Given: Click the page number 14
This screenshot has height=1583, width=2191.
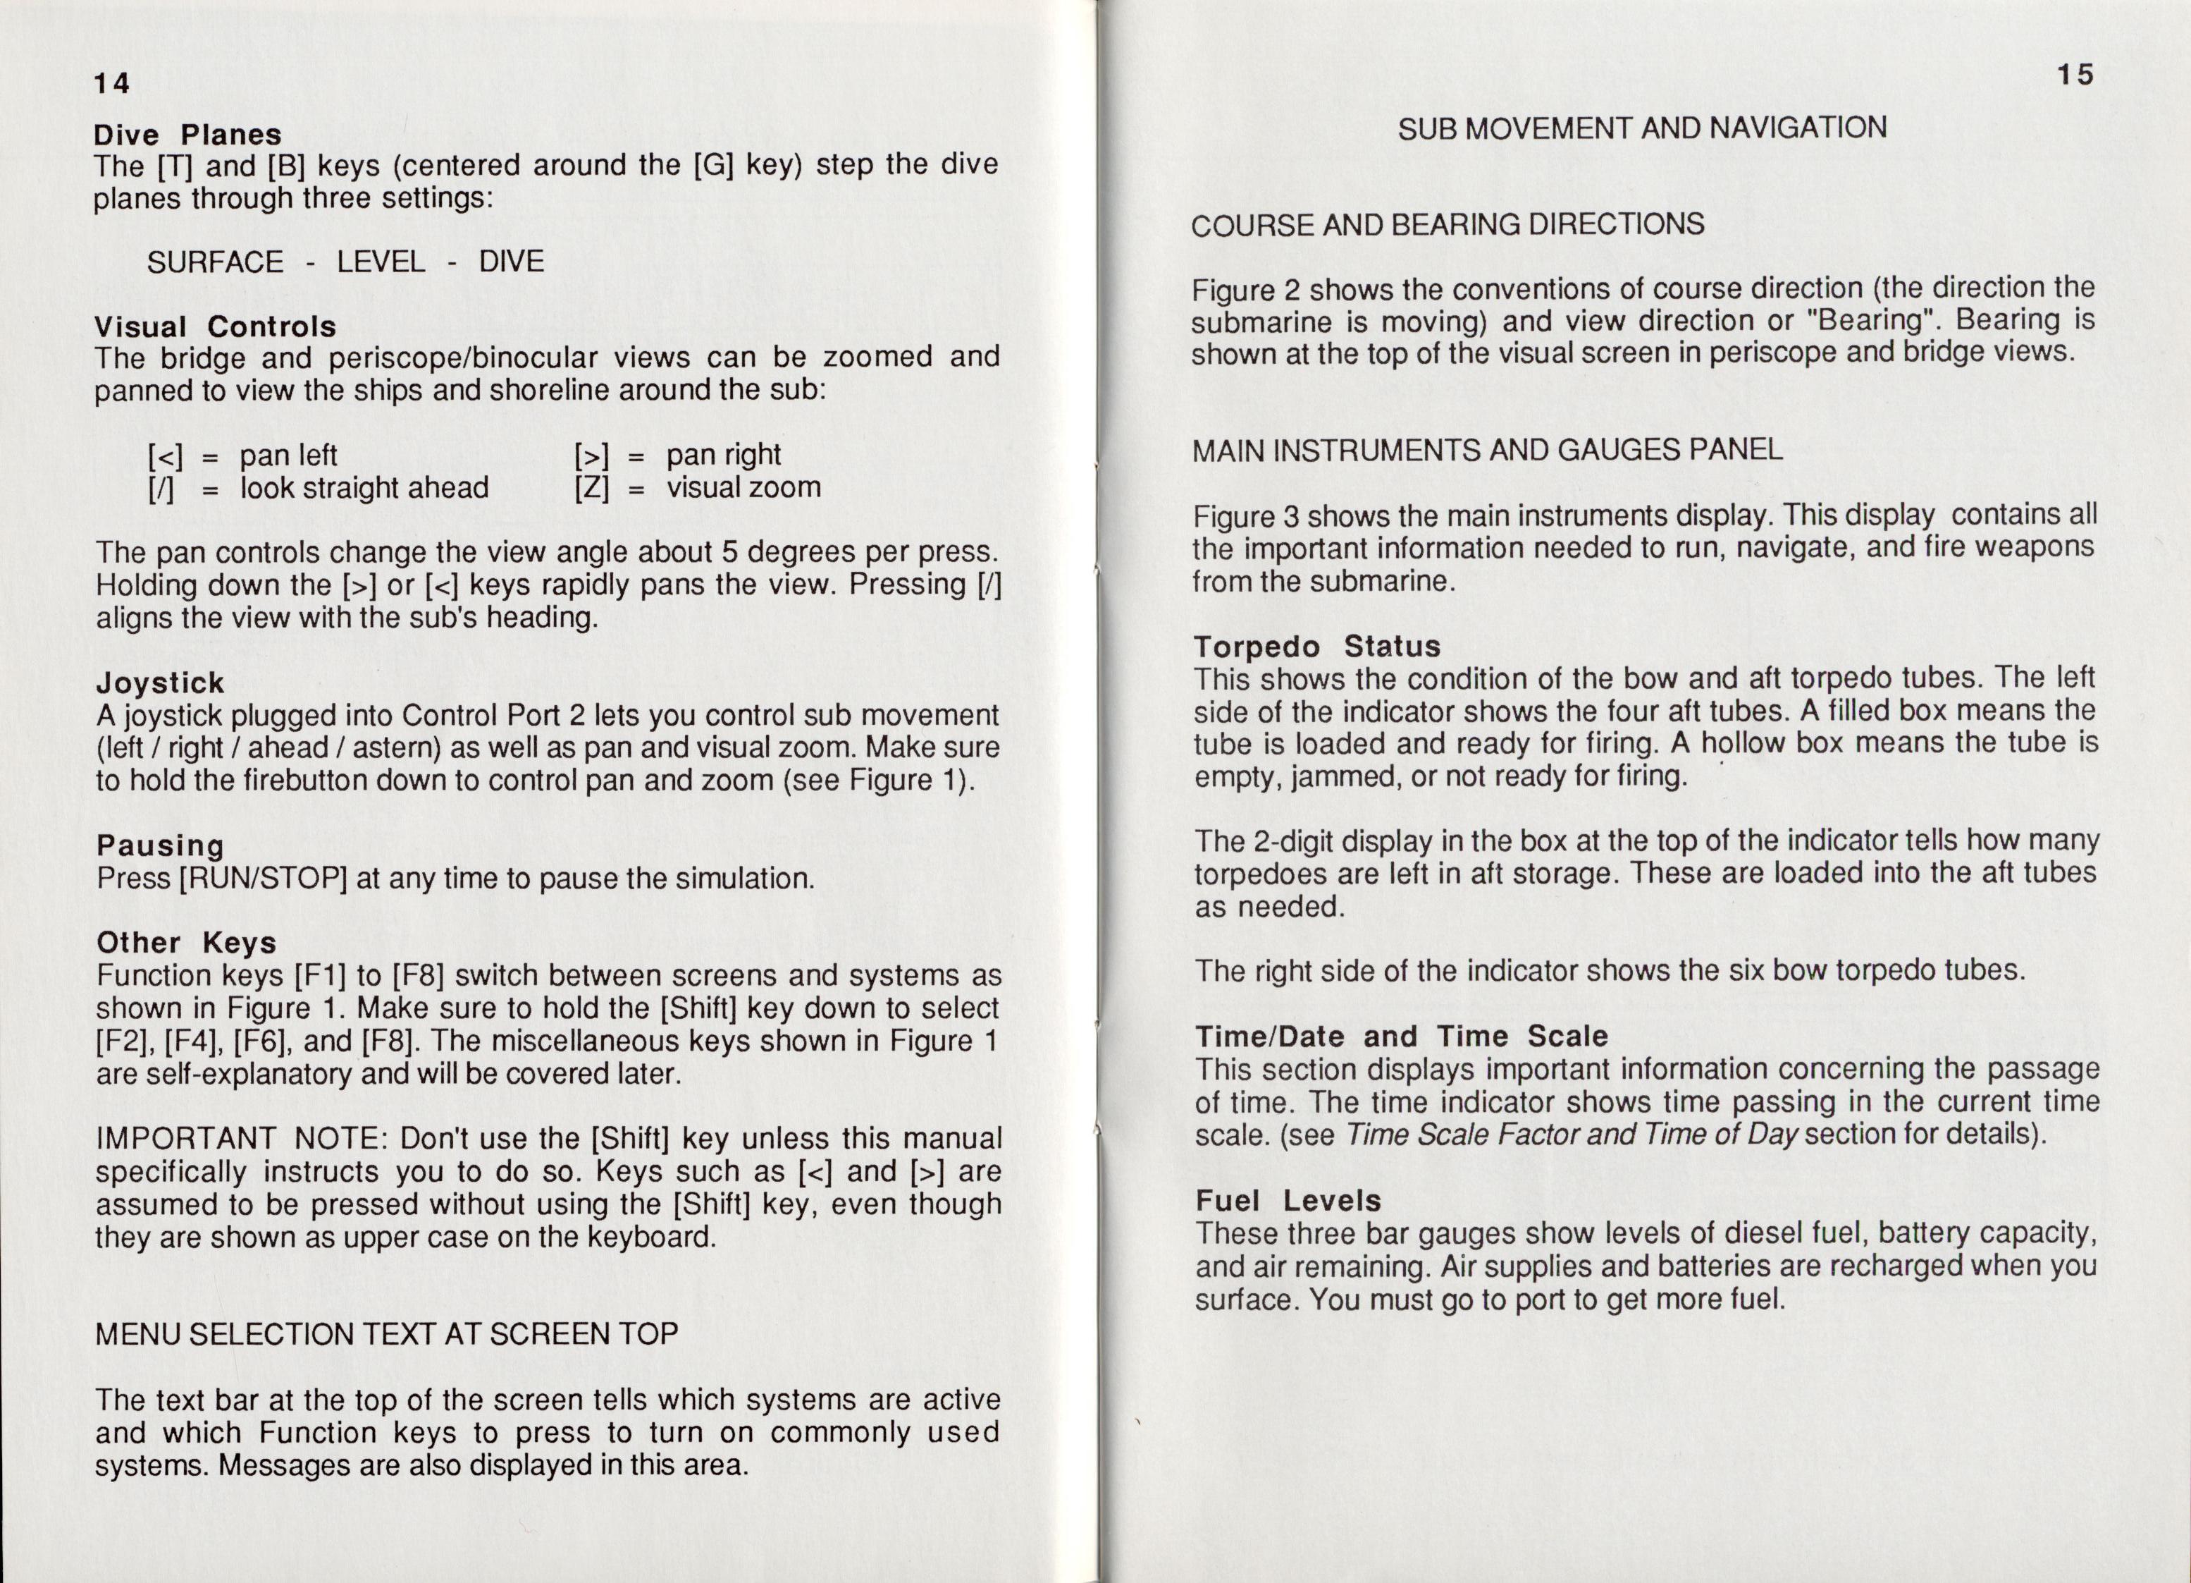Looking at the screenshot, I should pyautogui.click(x=111, y=84).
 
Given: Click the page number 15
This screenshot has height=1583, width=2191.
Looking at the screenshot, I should pyautogui.click(x=2074, y=75).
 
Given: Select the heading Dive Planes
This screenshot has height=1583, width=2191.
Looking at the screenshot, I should pyautogui.click(x=188, y=135).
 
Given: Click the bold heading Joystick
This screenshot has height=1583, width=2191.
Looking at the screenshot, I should pyautogui.click(x=161, y=683).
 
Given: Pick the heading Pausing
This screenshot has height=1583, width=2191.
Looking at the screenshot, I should pyautogui.click(x=161, y=845).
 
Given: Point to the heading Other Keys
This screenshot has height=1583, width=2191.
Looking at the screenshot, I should pyautogui.click(x=187, y=942).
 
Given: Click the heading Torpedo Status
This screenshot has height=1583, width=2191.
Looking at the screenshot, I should pyautogui.click(x=1316, y=646).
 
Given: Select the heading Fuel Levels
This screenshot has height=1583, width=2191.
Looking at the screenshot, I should pyautogui.click(x=1288, y=1200).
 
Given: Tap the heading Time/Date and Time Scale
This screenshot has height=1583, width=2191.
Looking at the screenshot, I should pyautogui.click(x=1401, y=1036).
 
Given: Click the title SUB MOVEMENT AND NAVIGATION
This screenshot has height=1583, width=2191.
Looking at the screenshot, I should pyautogui.click(x=1641, y=128).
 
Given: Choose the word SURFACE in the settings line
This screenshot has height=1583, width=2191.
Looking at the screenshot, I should pyautogui.click(x=216, y=262).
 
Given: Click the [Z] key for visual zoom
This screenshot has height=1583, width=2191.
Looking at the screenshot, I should pyautogui.click(x=591, y=488).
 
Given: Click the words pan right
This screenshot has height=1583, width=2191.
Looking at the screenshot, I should pyautogui.click(x=724, y=454).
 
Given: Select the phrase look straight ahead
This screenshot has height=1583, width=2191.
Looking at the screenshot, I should pyautogui.click(x=364, y=488).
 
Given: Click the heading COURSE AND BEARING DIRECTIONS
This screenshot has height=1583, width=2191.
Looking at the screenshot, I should pyautogui.click(x=1447, y=225).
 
